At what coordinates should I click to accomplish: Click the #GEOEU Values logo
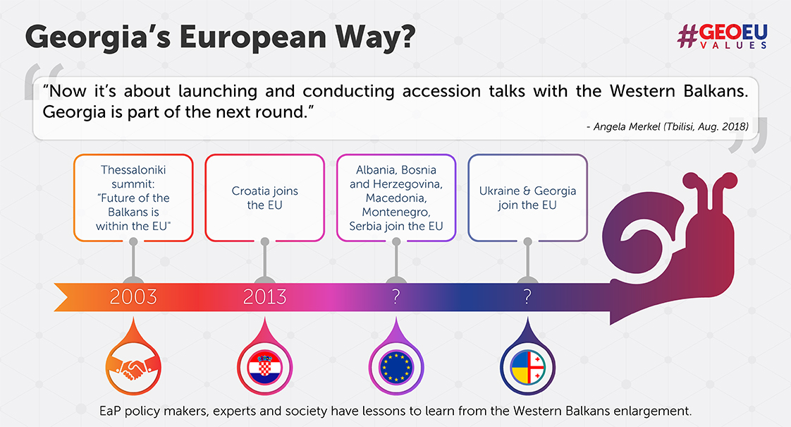[x=723, y=37]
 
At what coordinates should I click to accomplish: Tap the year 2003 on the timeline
[x=133, y=296]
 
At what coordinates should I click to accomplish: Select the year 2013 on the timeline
[x=265, y=296]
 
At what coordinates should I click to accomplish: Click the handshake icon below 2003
[x=133, y=366]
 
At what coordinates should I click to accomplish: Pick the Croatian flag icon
[x=265, y=366]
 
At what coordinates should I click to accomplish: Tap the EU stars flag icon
[x=396, y=366]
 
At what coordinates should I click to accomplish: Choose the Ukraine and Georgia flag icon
[x=527, y=366]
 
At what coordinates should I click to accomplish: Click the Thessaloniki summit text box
[x=133, y=198]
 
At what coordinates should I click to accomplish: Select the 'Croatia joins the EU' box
[x=265, y=198]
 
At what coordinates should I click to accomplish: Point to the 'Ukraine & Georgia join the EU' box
[x=527, y=198]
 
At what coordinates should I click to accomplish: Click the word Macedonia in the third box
[x=396, y=198]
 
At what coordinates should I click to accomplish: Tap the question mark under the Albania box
[x=396, y=296]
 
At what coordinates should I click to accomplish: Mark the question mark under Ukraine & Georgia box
[x=527, y=296]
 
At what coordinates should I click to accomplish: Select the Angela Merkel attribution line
[x=668, y=127]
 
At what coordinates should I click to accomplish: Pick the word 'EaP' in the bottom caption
[x=109, y=411]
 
